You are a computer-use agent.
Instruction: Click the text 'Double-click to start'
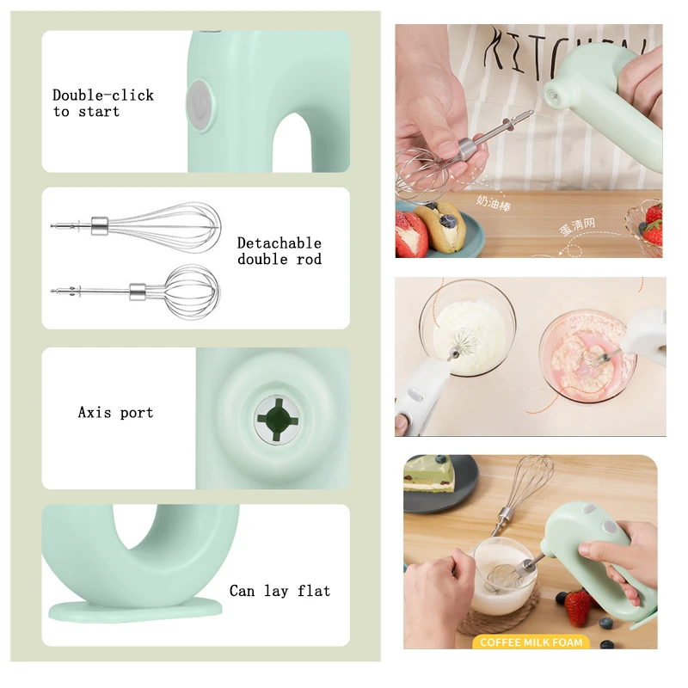(x=103, y=103)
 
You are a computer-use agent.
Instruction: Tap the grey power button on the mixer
(x=198, y=107)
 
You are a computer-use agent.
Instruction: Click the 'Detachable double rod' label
(x=279, y=251)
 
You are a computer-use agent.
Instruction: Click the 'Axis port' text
(x=115, y=413)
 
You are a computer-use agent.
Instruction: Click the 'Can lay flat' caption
(x=279, y=591)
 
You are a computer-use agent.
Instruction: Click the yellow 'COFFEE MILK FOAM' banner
(x=531, y=642)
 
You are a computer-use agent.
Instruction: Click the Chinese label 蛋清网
(x=577, y=225)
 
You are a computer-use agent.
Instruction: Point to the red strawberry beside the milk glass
(x=578, y=605)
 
